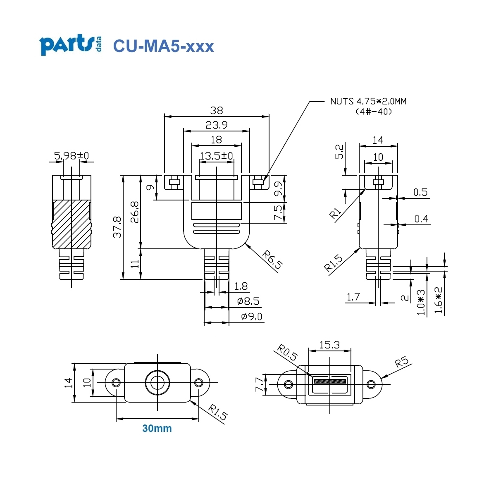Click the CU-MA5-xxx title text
pyautogui.click(x=163, y=46)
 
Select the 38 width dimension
pyautogui.click(x=216, y=110)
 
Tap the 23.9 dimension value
pyautogui.click(x=216, y=125)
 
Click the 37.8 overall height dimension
pyautogui.click(x=117, y=227)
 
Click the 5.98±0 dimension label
pyautogui.click(x=72, y=156)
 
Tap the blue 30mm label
pyautogui.click(x=157, y=429)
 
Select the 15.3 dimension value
pyautogui.click(x=329, y=345)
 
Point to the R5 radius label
pyautogui.click(x=401, y=362)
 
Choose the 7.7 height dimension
pyautogui.click(x=259, y=384)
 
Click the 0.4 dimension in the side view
pyautogui.click(x=421, y=219)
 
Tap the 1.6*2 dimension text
pyautogui.click(x=439, y=301)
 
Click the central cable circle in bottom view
pyautogui.click(x=157, y=383)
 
